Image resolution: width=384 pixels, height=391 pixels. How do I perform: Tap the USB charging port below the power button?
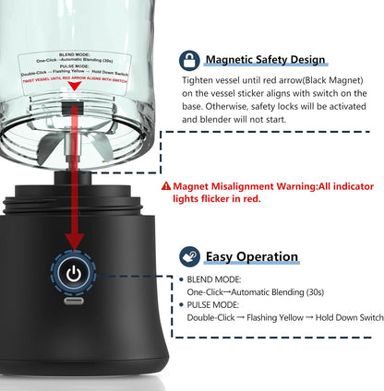pyautogui.click(x=72, y=301)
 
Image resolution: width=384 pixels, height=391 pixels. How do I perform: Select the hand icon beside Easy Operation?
pyautogui.click(x=189, y=255)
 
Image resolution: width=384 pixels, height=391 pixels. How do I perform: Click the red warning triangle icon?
pyautogui.click(x=166, y=185)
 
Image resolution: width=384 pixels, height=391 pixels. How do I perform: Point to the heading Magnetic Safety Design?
pyautogui.click(x=264, y=60)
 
